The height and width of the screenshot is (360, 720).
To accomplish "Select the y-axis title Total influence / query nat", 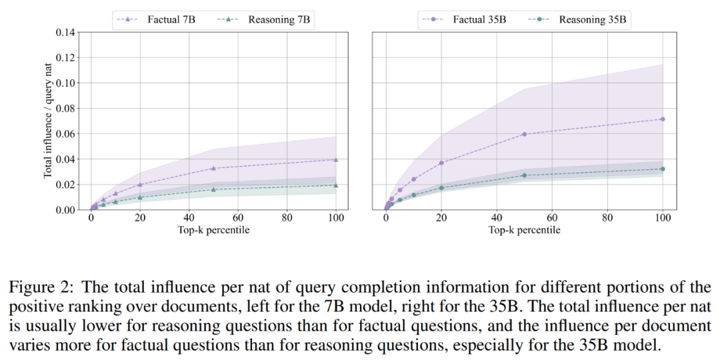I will (x=48, y=121).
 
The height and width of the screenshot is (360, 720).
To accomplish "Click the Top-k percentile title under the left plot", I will (x=213, y=229).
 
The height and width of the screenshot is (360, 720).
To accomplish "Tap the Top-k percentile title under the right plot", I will (x=524, y=229).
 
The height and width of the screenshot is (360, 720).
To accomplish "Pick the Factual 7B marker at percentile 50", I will (x=213, y=168).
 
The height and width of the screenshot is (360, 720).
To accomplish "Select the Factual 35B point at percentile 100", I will (x=663, y=119).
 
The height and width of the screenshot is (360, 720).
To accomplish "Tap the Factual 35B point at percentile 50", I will (x=524, y=134).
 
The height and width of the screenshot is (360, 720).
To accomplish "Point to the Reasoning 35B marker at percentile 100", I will (x=663, y=169).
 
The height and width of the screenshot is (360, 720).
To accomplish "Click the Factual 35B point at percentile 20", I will (x=441, y=163).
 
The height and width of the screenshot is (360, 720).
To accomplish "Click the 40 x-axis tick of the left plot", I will (x=189, y=217).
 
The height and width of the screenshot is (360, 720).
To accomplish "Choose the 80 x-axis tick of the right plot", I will (x=607, y=217).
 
